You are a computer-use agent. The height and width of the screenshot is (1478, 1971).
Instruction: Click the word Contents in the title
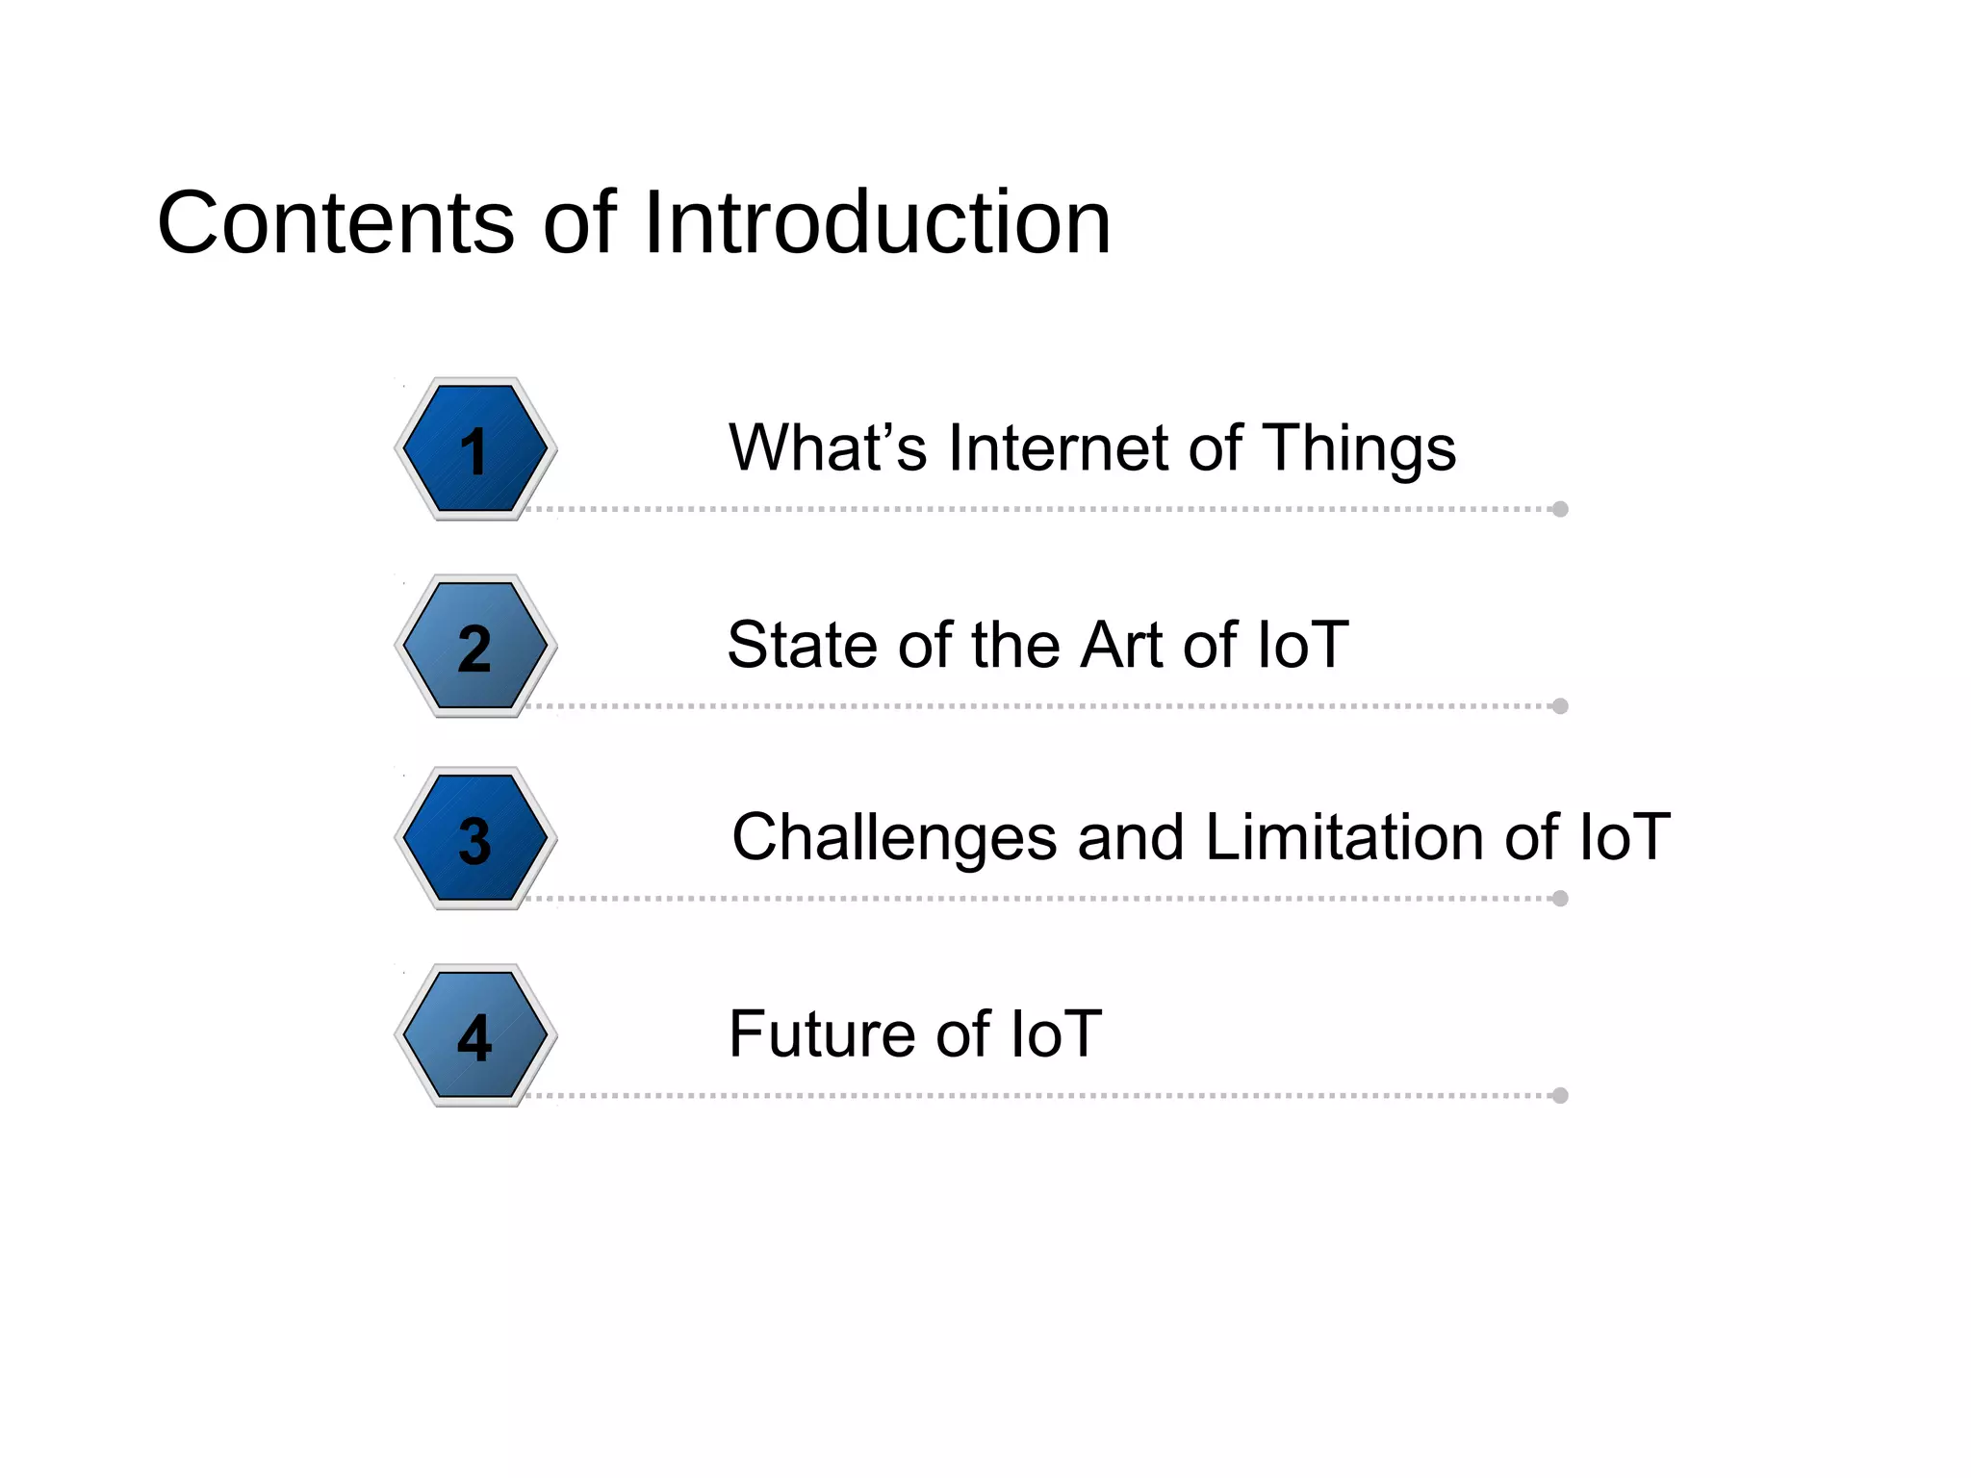(335, 223)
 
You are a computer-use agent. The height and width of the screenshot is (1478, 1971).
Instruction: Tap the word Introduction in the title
(876, 223)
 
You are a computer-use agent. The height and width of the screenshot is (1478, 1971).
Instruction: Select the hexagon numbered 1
(475, 449)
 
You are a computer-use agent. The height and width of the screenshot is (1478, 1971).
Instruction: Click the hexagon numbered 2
(475, 647)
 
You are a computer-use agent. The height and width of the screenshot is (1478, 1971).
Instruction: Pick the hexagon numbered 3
(475, 839)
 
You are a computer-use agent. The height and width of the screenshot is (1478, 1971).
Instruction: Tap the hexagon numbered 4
(475, 1036)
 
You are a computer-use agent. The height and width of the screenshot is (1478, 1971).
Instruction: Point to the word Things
(1358, 449)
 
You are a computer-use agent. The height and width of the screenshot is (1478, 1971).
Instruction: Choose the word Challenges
(894, 839)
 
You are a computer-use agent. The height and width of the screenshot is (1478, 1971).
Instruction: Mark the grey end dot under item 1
(1560, 509)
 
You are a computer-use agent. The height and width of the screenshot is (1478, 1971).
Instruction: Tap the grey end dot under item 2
(1560, 706)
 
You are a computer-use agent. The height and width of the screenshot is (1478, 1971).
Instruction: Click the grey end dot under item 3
(1560, 899)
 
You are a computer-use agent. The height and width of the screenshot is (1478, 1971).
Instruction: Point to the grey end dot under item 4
(1560, 1096)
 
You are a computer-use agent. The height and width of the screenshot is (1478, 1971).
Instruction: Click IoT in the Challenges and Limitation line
(1623, 837)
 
